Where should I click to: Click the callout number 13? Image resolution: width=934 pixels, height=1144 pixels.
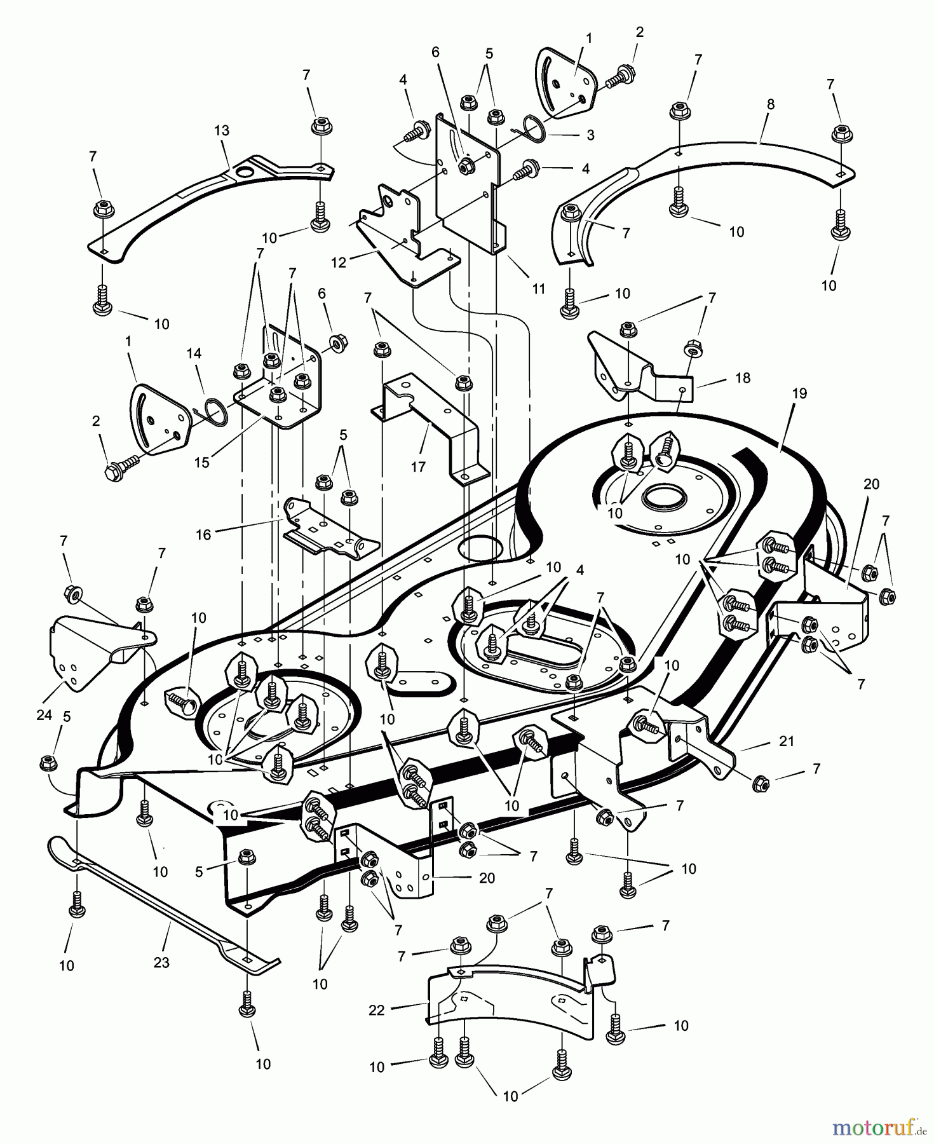pyautogui.click(x=222, y=130)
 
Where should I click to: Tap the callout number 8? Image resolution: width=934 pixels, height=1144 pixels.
pyautogui.click(x=771, y=104)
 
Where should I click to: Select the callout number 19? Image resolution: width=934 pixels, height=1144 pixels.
pyautogui.click(x=799, y=393)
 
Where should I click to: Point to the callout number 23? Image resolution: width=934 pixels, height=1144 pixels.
pyautogui.click(x=161, y=962)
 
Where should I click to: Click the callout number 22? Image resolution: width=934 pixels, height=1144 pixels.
pyautogui.click(x=377, y=1009)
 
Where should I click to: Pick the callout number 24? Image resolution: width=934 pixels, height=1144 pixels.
pyautogui.click(x=44, y=715)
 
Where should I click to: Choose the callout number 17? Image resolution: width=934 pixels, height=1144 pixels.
pyautogui.click(x=417, y=466)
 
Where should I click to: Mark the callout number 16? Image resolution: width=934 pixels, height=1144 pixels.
pyautogui.click(x=203, y=535)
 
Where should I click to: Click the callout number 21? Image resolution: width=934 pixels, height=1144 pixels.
pyautogui.click(x=787, y=741)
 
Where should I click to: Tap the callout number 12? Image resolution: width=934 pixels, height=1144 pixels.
pyautogui.click(x=339, y=262)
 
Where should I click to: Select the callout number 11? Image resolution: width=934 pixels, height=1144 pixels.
pyautogui.click(x=539, y=289)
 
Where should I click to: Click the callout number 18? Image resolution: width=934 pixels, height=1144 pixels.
pyautogui.click(x=742, y=378)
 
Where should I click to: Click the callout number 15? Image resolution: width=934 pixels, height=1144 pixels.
pyautogui.click(x=201, y=462)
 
